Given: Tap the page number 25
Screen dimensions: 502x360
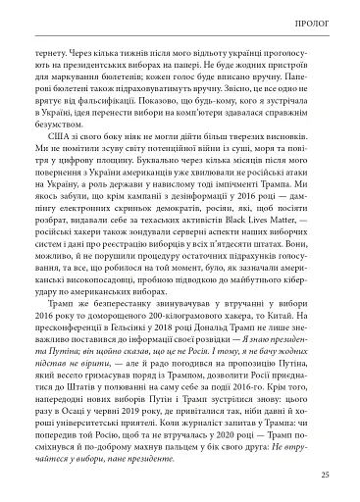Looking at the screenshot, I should click(x=324, y=477).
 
